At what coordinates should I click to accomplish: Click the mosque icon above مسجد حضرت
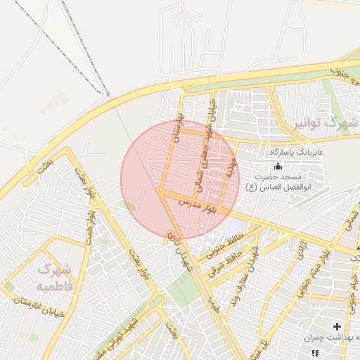coord(278,167)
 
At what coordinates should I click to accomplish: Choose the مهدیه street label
coord(229,168)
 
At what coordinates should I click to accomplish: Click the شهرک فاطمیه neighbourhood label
coord(53,278)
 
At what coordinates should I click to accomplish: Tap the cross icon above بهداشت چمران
coord(337,326)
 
